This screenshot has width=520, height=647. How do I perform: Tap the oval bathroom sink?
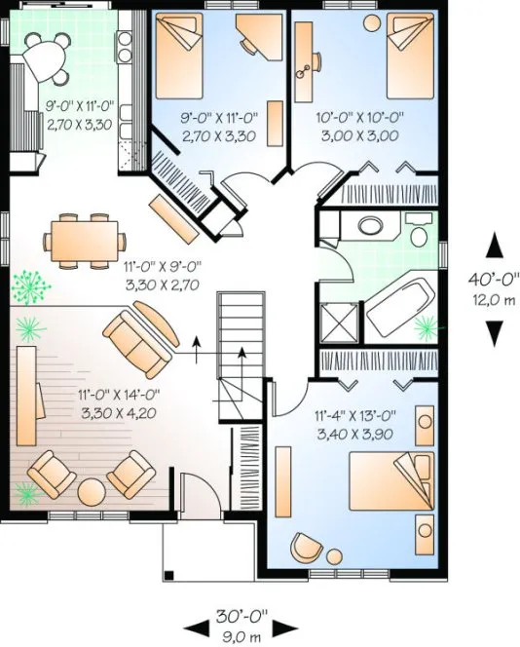372,226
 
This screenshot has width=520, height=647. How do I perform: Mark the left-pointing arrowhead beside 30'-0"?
194,624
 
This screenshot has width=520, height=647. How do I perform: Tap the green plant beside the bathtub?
425,323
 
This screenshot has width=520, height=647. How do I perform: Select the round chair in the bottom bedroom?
309,549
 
